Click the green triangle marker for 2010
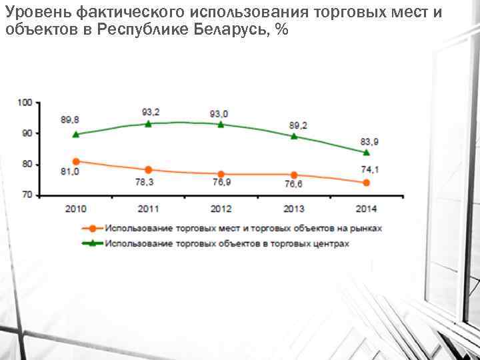76,134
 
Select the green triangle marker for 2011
148,123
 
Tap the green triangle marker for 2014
366,152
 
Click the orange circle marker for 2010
76,161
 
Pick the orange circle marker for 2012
221,174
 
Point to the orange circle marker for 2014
366,183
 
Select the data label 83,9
370,141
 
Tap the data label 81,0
70,172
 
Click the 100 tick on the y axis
25,102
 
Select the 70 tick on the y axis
27,195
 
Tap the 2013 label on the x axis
293,209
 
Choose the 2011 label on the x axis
148,209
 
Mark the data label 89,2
297,125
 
